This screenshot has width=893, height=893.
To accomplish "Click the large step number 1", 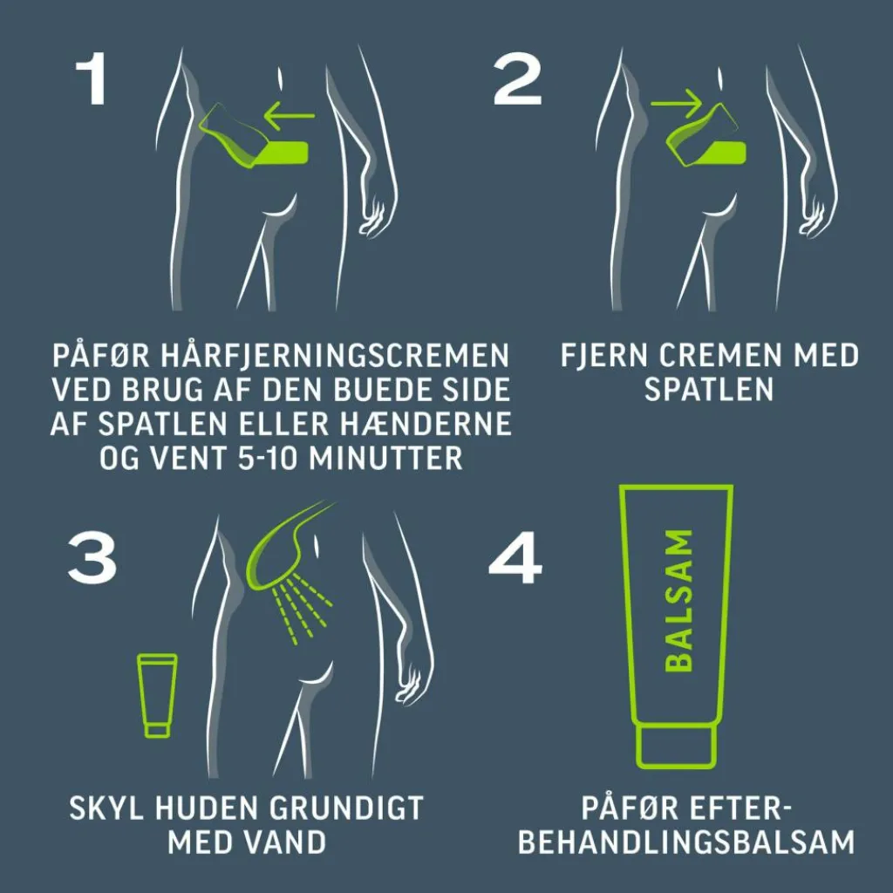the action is [x=92, y=78].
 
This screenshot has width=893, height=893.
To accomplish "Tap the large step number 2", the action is [x=517, y=78].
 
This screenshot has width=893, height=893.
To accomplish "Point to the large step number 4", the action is [x=515, y=558].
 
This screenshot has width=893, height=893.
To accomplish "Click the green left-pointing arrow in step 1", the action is [x=290, y=116].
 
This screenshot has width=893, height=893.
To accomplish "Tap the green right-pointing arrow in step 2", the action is [x=677, y=104].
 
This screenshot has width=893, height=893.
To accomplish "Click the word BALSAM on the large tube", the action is [x=679, y=602].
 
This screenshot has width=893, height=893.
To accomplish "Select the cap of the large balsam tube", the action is [x=676, y=746].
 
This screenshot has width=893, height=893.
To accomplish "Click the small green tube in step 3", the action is [x=157, y=695].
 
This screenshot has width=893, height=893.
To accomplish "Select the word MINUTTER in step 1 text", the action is [x=385, y=457].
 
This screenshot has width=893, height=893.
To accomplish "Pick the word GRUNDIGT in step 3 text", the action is [x=345, y=808].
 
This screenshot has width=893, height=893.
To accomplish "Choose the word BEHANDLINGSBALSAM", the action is [x=687, y=842].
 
